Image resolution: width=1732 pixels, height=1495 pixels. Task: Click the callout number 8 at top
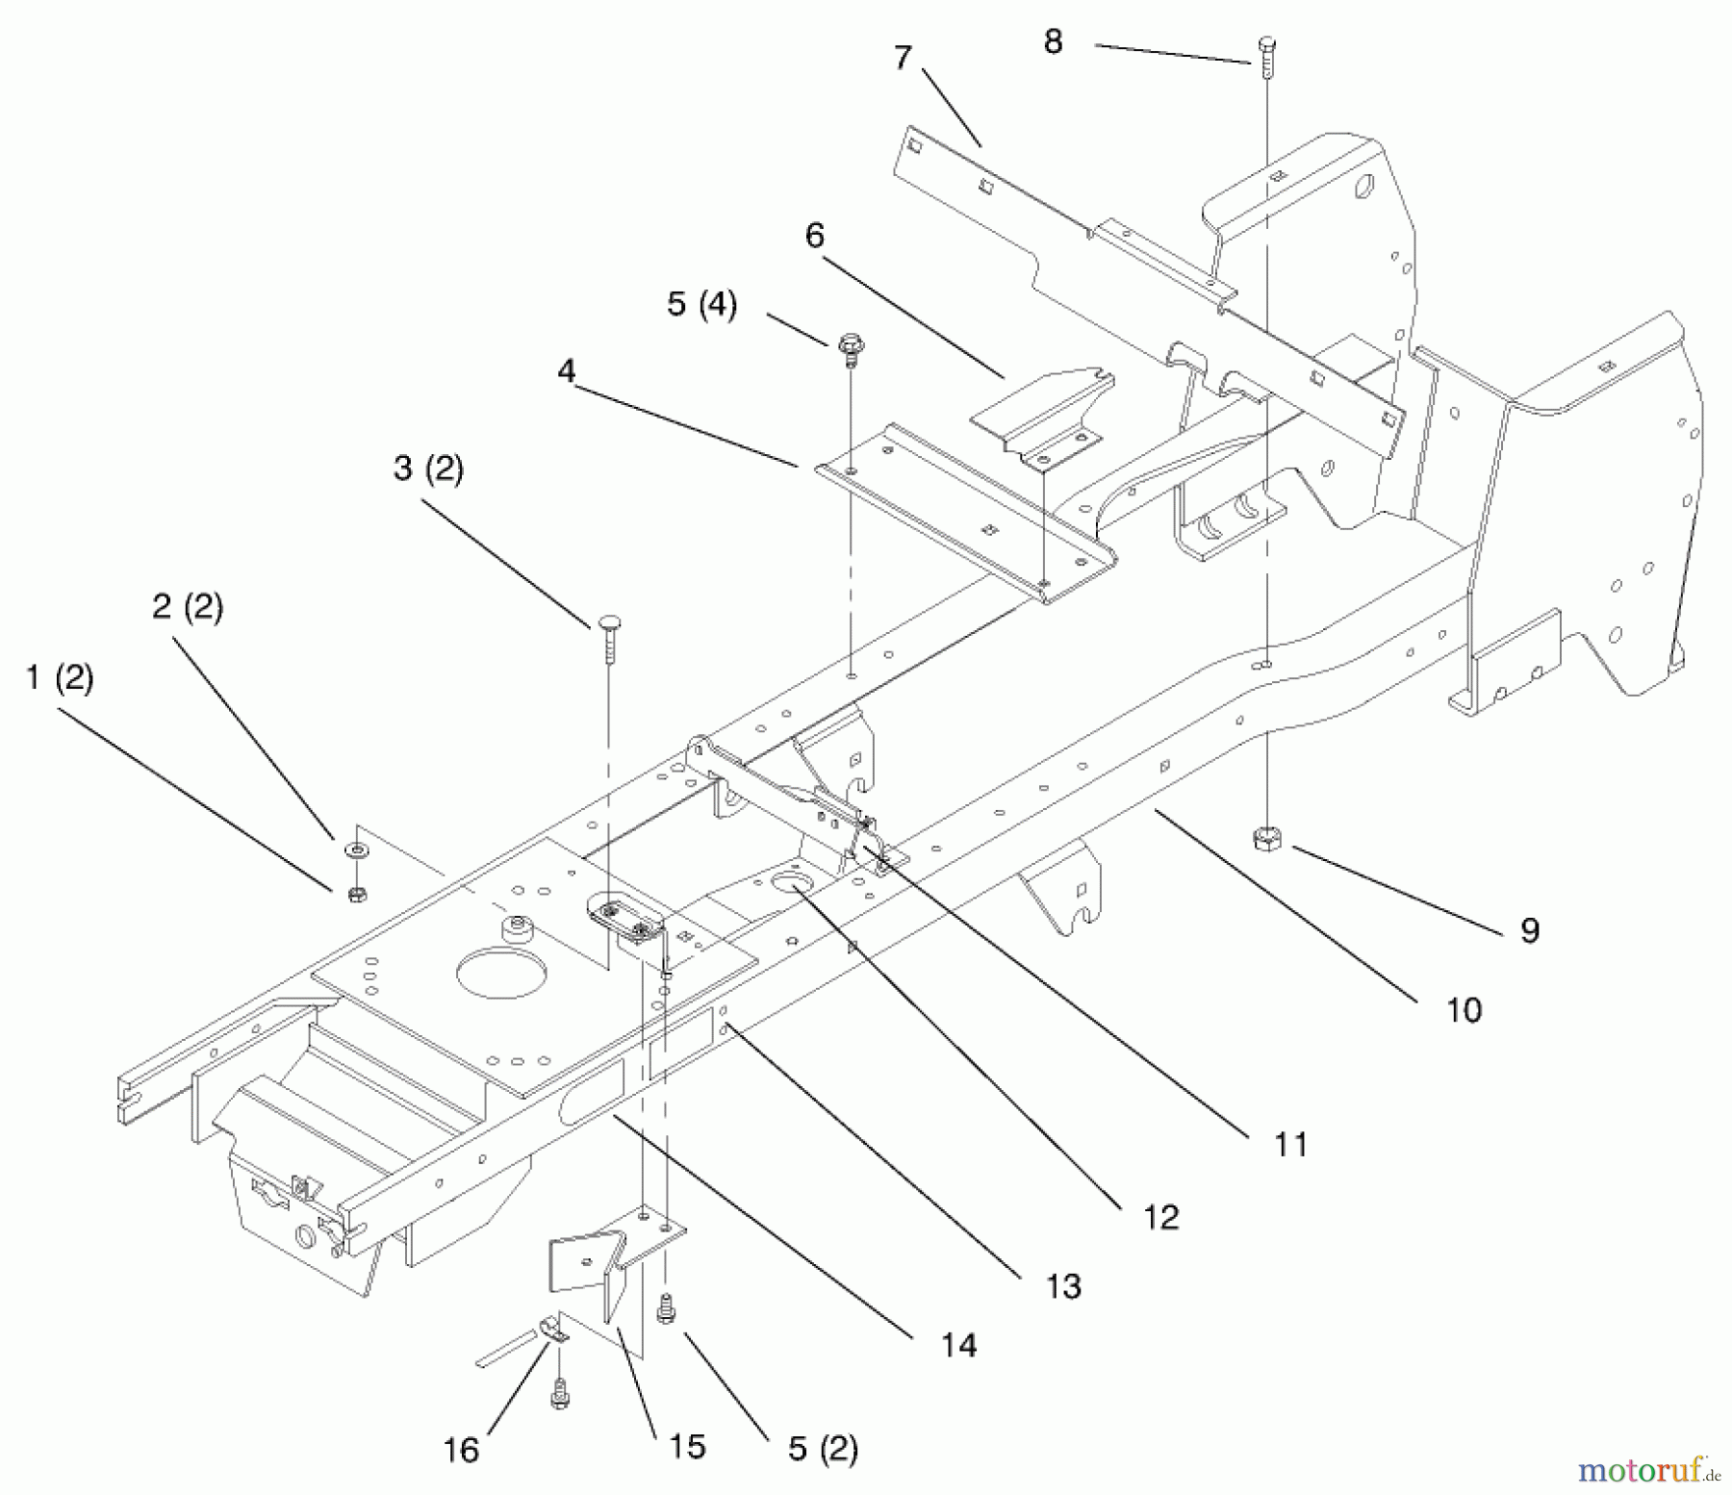(1053, 42)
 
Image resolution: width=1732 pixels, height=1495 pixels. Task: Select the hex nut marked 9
(1265, 839)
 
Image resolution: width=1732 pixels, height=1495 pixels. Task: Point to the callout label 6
(815, 236)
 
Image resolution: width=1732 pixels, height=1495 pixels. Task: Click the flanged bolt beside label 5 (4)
(850, 347)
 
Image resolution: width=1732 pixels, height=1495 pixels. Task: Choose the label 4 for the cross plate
(567, 371)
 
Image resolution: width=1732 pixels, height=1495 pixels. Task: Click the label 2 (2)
(188, 607)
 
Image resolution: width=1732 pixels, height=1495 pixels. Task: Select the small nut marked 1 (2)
(356, 895)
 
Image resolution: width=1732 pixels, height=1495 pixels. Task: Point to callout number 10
(1464, 1010)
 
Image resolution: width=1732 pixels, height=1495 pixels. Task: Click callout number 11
(1290, 1145)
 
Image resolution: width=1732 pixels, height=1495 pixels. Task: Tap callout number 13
(1063, 1286)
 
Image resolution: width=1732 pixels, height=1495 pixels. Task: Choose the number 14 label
(958, 1345)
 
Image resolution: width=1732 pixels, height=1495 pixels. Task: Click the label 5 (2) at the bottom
(823, 1449)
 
